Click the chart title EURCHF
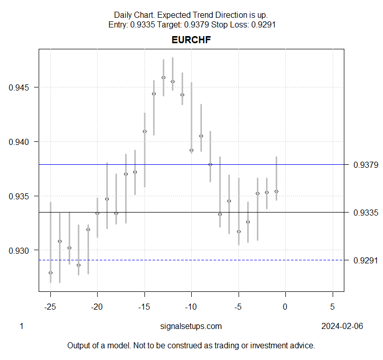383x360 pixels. (x=191, y=40)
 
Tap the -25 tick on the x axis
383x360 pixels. (x=50, y=307)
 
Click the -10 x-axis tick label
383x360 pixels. (x=191, y=307)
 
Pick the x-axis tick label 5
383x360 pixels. (x=332, y=307)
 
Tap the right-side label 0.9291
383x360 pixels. (x=366, y=260)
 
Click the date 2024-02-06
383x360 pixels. (x=342, y=326)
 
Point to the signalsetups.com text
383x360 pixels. (x=191, y=326)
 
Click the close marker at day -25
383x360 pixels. (x=50, y=273)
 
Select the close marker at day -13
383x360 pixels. (x=163, y=78)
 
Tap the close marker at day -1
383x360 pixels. (x=276, y=191)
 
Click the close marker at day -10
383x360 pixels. (x=191, y=150)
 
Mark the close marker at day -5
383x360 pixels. (x=239, y=231)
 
